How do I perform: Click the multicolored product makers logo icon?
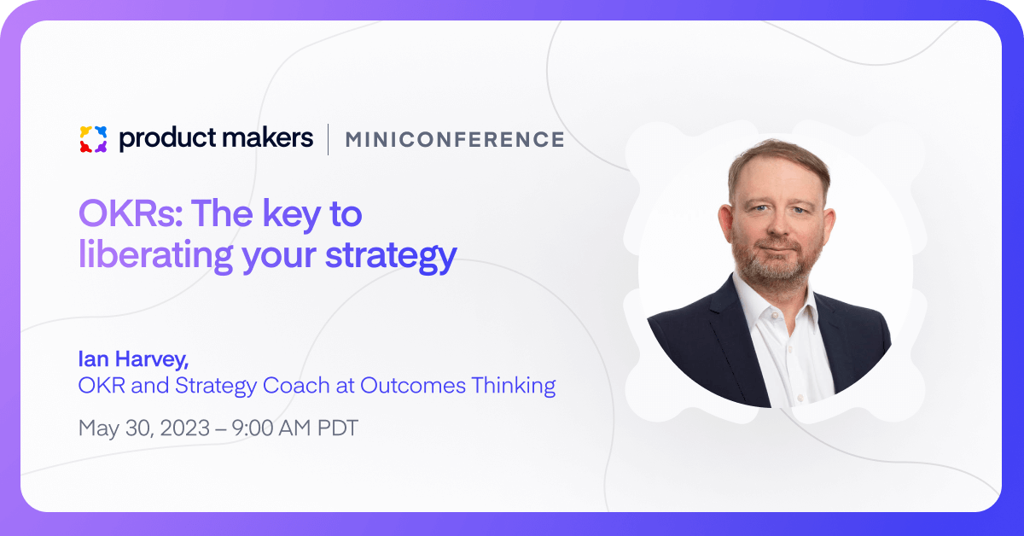pos(93,139)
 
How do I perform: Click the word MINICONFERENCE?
pos(455,139)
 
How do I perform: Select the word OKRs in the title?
pos(131,213)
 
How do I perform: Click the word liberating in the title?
pos(156,253)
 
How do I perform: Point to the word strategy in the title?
pos(391,256)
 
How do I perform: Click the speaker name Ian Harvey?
pos(133,359)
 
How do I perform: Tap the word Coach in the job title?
pos(296,385)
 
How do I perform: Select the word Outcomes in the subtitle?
pos(413,385)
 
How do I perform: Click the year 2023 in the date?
pos(185,428)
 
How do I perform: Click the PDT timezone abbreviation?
pos(338,428)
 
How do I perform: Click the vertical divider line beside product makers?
pos(329,139)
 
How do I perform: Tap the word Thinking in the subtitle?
pos(514,386)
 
